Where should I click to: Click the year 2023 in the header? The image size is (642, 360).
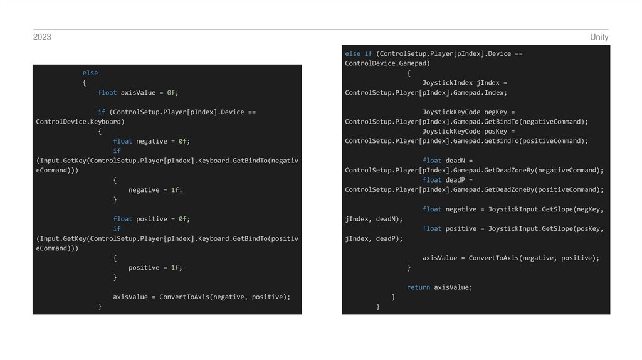[x=42, y=37]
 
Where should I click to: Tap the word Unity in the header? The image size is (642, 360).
[x=599, y=37]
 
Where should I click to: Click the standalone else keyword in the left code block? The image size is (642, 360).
[x=90, y=73]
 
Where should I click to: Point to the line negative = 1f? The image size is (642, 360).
[x=155, y=189]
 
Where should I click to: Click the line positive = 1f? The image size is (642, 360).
[x=155, y=267]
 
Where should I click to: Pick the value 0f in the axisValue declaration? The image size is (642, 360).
[x=172, y=92]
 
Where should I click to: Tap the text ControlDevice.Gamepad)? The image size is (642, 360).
[x=387, y=63]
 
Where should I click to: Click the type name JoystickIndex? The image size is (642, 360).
[x=448, y=83]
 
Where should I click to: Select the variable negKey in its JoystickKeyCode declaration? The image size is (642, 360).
[x=496, y=112]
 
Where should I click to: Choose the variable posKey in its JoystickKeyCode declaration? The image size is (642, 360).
[x=496, y=131]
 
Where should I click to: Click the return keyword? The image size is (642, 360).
[x=418, y=287]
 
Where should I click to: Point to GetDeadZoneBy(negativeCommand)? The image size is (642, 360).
[x=549, y=170]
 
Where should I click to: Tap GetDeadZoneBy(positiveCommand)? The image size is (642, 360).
[x=549, y=189]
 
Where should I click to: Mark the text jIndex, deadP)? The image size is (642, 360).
[x=374, y=238]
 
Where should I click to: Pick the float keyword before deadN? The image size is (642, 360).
[x=432, y=161]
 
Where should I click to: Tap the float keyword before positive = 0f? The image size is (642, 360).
[x=122, y=219]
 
